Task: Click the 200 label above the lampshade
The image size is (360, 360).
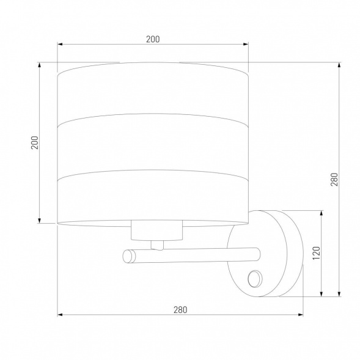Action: tap(153, 39)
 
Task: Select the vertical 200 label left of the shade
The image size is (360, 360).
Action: tap(35, 142)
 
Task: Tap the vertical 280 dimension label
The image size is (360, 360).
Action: tap(334, 179)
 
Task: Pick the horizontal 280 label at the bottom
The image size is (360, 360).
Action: tap(180, 310)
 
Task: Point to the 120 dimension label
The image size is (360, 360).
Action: tap(317, 253)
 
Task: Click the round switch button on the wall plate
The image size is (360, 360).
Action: tap(255, 279)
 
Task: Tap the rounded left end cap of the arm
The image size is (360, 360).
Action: tap(129, 256)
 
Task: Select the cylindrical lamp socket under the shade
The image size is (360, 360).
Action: tap(157, 230)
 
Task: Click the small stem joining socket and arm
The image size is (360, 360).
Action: tap(157, 245)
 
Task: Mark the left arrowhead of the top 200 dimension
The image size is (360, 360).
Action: tap(60, 44)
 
